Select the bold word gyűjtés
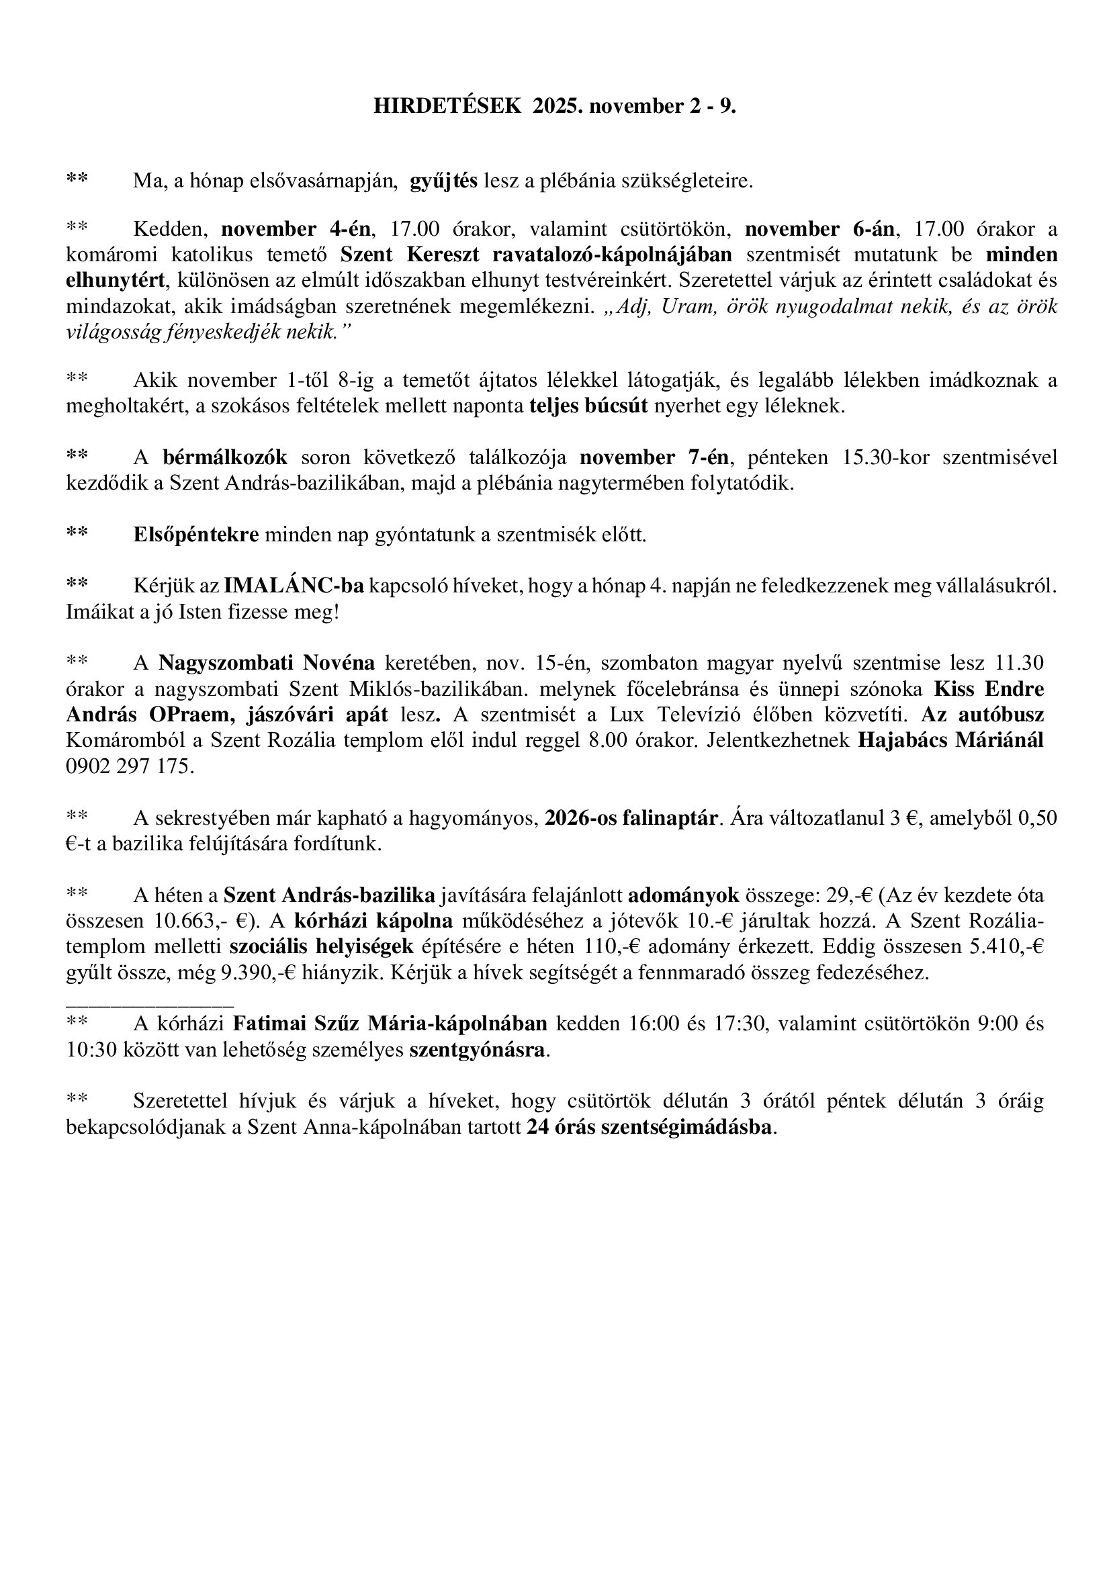pyautogui.click(x=443, y=181)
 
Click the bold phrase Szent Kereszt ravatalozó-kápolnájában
pyautogui.click(x=536, y=255)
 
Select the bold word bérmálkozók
pyautogui.click(x=225, y=457)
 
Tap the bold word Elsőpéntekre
pyautogui.click(x=195, y=535)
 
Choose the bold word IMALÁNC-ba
pyautogui.click(x=294, y=586)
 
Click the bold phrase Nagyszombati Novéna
pyautogui.click(x=267, y=663)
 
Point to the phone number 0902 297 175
pyautogui.click(x=130, y=766)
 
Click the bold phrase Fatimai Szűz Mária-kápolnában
pyautogui.click(x=390, y=1024)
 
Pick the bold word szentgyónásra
pyautogui.click(x=478, y=1050)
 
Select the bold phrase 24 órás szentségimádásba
pyautogui.click(x=650, y=1127)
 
